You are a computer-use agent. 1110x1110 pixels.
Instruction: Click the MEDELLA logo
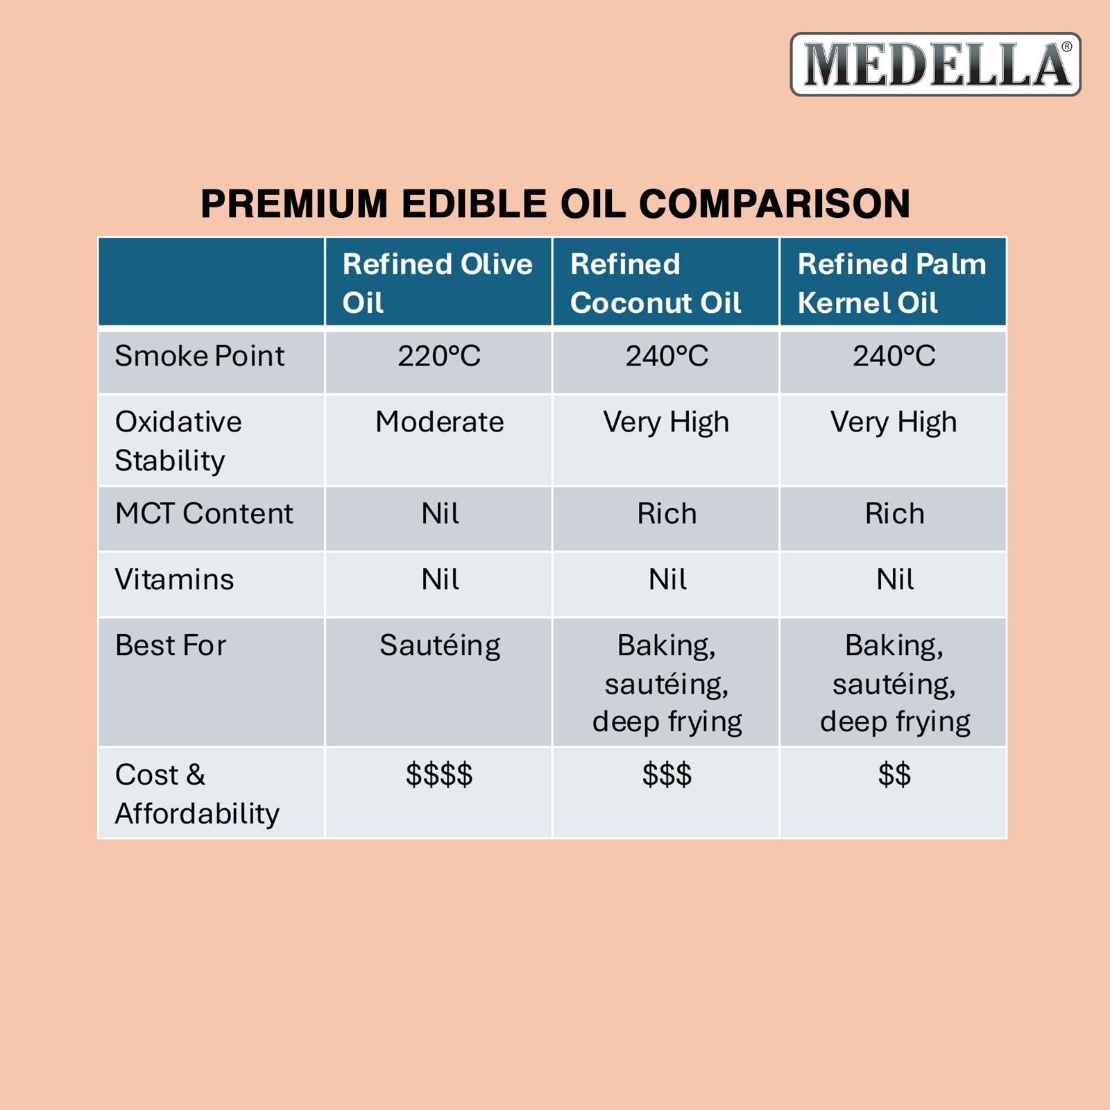935,64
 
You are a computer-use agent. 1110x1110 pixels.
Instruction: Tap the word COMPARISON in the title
774,204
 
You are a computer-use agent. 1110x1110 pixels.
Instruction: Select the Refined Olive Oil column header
438,283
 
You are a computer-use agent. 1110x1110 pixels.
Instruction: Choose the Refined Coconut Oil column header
656,283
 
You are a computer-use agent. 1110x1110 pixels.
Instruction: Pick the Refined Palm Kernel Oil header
892,283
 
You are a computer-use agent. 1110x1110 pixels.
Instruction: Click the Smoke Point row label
199,356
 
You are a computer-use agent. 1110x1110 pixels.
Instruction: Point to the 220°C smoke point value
439,356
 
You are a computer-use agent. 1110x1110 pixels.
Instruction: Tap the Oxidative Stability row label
178,441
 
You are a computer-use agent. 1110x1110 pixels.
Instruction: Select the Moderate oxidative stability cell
439,422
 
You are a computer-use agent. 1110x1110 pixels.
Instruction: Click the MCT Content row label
204,513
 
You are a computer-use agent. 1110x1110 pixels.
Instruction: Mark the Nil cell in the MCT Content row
440,513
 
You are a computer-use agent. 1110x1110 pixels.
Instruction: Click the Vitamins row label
174,579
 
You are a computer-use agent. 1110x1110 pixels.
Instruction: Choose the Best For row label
171,645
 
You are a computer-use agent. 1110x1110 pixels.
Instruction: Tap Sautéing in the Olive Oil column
440,646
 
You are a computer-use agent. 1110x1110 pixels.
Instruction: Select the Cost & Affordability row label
197,794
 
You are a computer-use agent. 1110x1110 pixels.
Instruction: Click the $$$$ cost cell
439,774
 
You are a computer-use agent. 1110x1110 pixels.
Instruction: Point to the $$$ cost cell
667,774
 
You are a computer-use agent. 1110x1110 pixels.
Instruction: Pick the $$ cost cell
894,774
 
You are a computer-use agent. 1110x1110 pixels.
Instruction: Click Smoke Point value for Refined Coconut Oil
667,356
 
